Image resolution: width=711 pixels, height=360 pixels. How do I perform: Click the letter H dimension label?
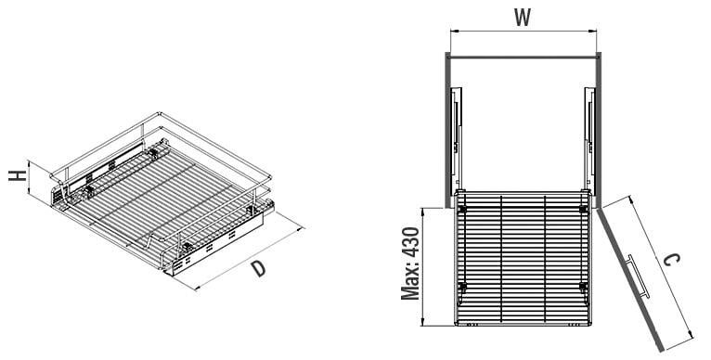[x=17, y=176]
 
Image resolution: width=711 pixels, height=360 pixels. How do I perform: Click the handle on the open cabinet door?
[x=636, y=274]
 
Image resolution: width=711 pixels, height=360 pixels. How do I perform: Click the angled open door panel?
[x=629, y=278]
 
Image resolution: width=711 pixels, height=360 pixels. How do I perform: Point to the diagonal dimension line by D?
[x=249, y=255]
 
